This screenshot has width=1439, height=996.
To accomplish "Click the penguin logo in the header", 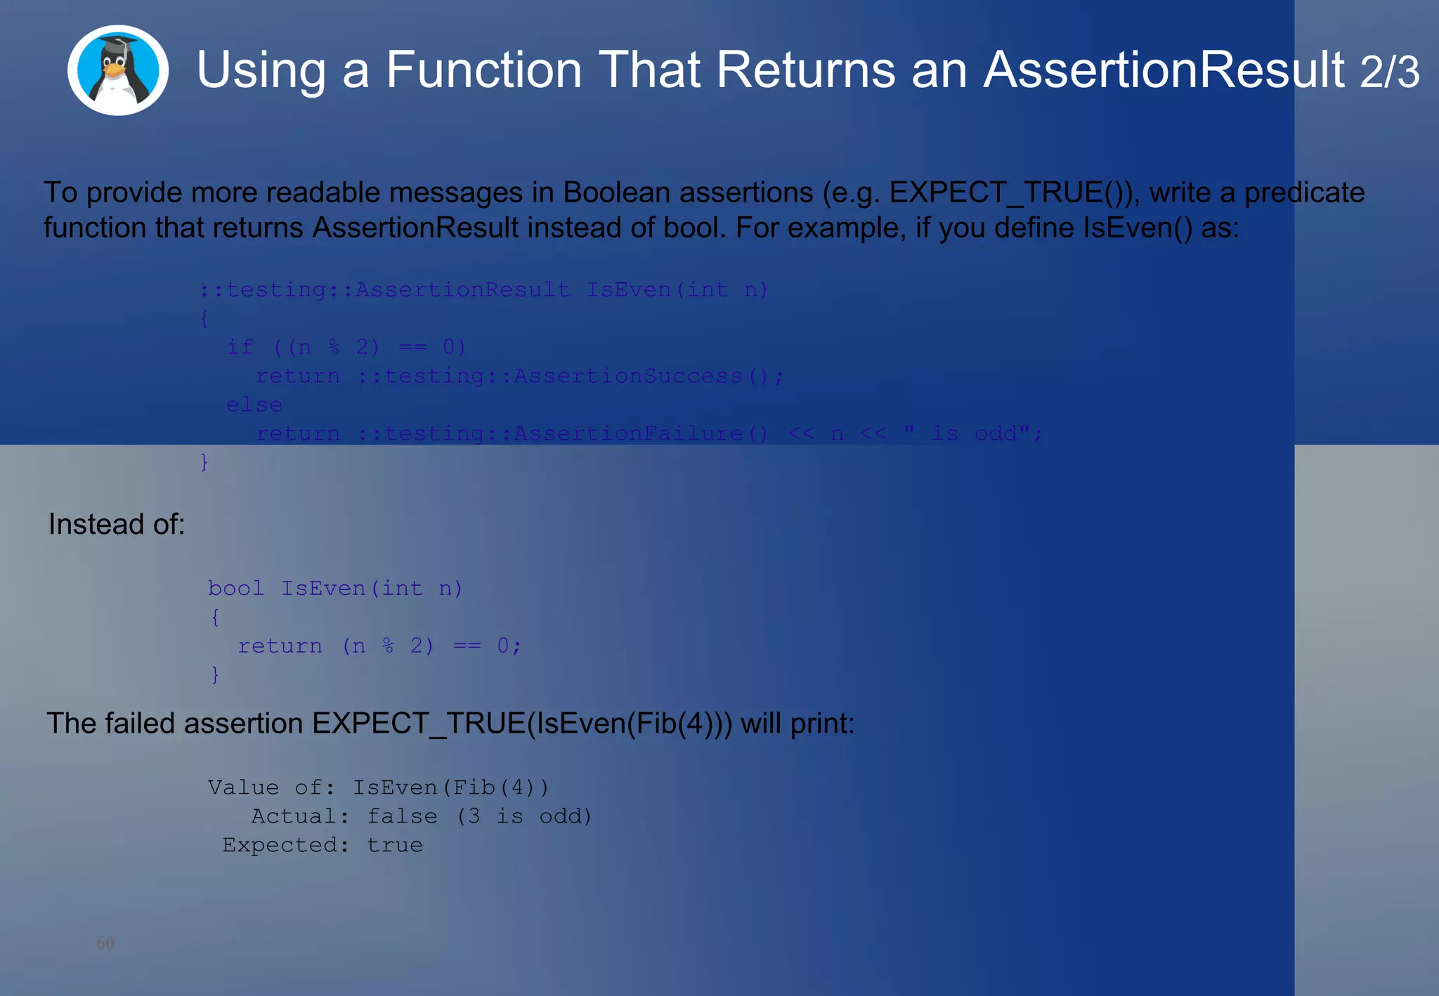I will pos(117,70).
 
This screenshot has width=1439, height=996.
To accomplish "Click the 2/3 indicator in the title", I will pos(1389,72).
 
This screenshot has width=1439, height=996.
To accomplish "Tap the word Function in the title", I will pos(483,70).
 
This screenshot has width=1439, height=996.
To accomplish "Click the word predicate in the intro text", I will pos(1304,192).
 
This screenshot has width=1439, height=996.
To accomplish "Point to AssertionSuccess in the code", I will pos(628,376).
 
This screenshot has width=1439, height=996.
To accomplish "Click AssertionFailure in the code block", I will pos(628,433).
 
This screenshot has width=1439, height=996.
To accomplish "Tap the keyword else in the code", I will pos(254,405).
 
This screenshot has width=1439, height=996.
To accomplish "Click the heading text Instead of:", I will pos(117,524).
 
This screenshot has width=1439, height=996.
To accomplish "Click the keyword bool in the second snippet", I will pos(235,588).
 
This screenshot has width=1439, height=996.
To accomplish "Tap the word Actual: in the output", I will pos(300,816).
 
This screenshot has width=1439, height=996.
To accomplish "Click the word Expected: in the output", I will pos(285,845).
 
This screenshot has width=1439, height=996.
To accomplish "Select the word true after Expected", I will pos(395,845).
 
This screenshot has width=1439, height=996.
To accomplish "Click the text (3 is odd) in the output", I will pos(524,816).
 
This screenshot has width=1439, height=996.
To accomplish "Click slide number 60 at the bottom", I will pos(105,943).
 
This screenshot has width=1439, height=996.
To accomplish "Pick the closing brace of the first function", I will pos(204,462).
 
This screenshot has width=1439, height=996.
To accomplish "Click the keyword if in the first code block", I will pos(240,347).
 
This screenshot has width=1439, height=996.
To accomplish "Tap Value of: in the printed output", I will pos(271,787).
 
